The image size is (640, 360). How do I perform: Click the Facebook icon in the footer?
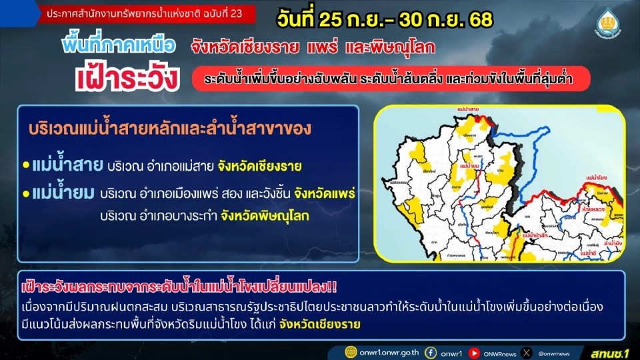pyautogui.click(x=431, y=351)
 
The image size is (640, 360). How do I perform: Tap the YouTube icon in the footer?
pyautogui.click(x=475, y=351)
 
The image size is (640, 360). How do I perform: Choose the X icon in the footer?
pyautogui.click(x=527, y=351)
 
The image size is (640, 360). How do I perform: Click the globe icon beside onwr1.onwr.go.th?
pyautogui.click(x=351, y=351)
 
